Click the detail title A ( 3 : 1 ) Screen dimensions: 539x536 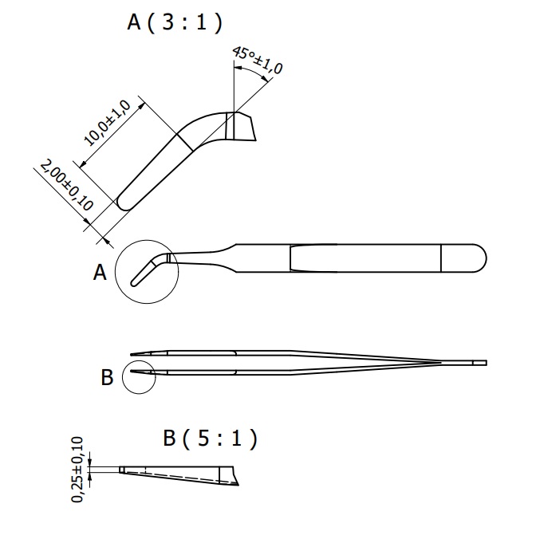173,23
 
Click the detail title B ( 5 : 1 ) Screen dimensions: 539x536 210,439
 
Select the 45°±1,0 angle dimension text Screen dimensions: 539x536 258,60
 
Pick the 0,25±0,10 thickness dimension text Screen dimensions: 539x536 77,470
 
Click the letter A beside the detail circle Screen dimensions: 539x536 100,273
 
